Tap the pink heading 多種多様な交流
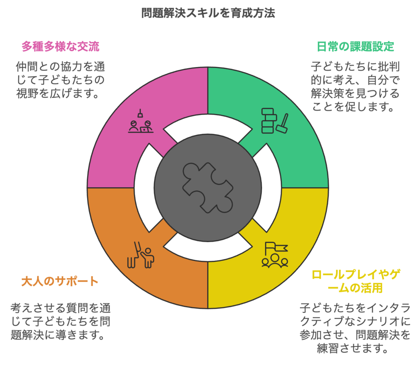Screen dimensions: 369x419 [61, 46]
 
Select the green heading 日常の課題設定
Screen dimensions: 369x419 [356, 46]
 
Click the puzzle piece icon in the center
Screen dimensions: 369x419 [208, 188]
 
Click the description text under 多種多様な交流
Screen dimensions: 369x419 [60, 80]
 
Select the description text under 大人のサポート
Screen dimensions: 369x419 [60, 321]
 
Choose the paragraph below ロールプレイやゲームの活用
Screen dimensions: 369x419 [355, 328]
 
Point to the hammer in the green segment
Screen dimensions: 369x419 [282, 124]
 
